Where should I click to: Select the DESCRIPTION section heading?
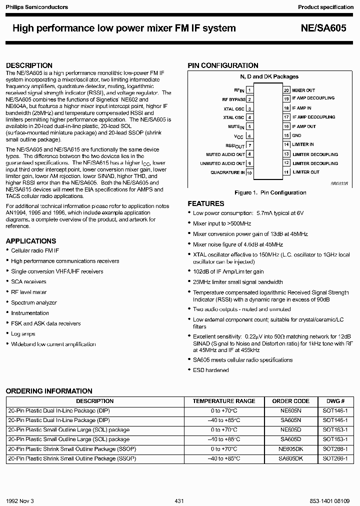pos(29,65)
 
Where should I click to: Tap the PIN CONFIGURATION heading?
pos(222,65)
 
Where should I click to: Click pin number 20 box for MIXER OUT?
pos(286,90)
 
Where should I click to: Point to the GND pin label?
pos(296,135)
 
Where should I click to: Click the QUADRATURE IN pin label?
pos(227,172)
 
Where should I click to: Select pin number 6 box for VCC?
pos(249,135)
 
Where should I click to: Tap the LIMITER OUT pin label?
pos(305,172)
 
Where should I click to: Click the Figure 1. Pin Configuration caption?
pos(270,192)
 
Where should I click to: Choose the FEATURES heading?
pos(205,203)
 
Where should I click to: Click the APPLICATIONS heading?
pos(30,241)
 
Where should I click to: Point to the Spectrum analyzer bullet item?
pos(34,302)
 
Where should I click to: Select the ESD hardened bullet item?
pos(210,370)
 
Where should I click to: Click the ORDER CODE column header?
pos(290,401)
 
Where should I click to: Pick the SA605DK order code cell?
pos(290,458)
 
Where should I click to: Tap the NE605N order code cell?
pos(290,410)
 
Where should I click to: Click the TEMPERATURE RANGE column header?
pos(223,401)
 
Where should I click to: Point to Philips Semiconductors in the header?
pos(34,7)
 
